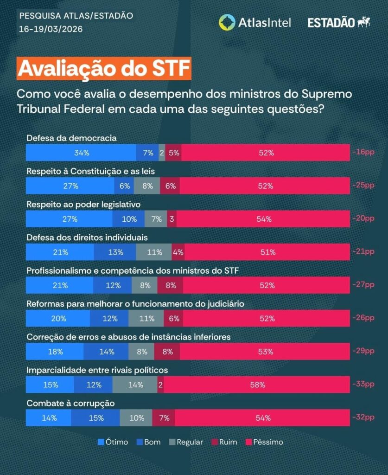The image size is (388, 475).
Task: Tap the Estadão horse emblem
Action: (x=364, y=22)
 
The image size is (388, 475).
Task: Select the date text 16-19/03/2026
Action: (x=51, y=29)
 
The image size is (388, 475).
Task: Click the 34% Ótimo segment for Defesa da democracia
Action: (x=81, y=153)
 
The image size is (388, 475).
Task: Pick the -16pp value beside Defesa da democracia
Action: (x=363, y=153)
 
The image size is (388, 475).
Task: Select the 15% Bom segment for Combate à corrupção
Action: (x=95, y=417)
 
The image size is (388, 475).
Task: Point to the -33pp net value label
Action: (x=363, y=385)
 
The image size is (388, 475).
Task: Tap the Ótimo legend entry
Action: (x=113, y=442)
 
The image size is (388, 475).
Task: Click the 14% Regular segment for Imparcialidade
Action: (x=135, y=385)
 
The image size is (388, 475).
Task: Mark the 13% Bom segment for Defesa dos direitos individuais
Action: (x=115, y=252)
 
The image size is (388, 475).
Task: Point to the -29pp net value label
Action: (x=363, y=351)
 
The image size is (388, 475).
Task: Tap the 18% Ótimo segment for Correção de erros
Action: (x=55, y=351)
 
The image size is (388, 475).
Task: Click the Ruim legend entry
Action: (x=224, y=442)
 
